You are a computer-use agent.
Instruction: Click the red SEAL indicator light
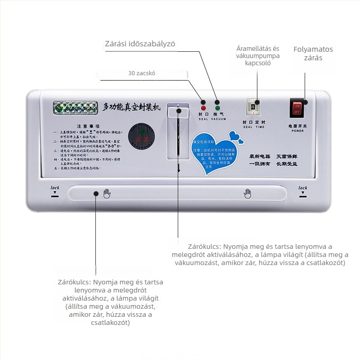203,108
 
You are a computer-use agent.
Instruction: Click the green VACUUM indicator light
218,108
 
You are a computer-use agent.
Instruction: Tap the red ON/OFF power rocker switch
297,108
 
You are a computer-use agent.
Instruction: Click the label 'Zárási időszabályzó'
140,44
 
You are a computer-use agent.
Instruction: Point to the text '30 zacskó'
142,72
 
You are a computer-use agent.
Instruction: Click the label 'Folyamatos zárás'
313,54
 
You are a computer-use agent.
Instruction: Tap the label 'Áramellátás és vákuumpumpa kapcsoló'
258,56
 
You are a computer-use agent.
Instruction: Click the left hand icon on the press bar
107,194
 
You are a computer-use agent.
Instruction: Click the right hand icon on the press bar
247,193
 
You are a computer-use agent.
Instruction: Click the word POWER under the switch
297,131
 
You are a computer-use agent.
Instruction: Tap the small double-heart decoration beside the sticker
235,135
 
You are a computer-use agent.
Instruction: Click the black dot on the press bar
95,193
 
